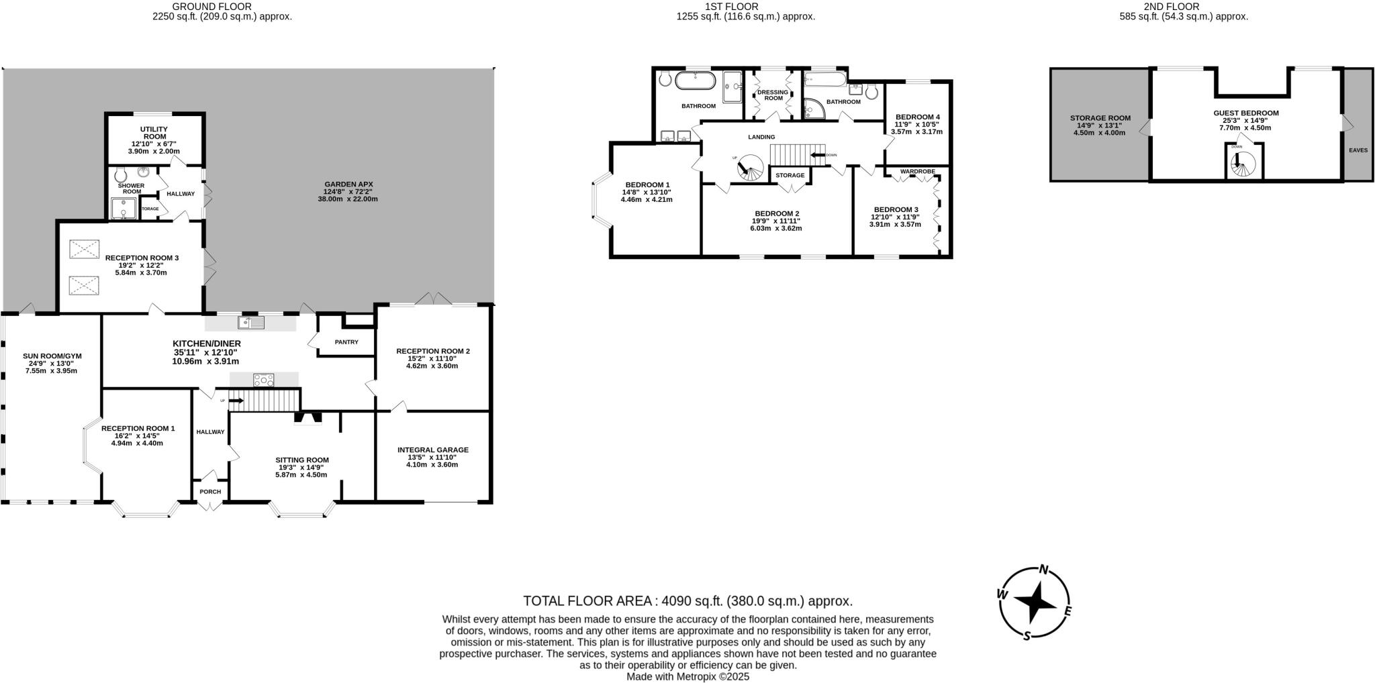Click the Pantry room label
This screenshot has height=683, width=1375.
pyautogui.click(x=346, y=342)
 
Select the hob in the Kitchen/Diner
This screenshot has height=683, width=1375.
pyautogui.click(x=263, y=380)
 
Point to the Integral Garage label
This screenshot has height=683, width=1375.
pyautogui.click(x=432, y=450)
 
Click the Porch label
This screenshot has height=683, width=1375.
pyautogui.click(x=210, y=492)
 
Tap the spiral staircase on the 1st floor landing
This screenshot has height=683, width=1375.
pyautogui.click(x=749, y=168)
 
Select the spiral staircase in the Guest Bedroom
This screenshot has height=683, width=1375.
pyautogui.click(x=1244, y=163)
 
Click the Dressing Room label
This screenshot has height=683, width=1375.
pyautogui.click(x=773, y=95)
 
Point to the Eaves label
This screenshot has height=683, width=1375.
pyautogui.click(x=1358, y=150)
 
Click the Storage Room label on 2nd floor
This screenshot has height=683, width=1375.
pyautogui.click(x=1100, y=118)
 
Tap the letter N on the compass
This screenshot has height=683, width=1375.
pyautogui.click(x=1044, y=570)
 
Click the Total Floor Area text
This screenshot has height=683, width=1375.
pyautogui.click(x=687, y=601)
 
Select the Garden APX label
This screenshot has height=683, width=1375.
pyautogui.click(x=348, y=185)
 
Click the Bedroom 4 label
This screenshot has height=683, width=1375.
pyautogui.click(x=917, y=117)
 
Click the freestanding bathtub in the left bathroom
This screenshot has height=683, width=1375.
pyautogui.click(x=696, y=81)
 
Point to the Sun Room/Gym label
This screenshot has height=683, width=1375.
pyautogui.click(x=52, y=356)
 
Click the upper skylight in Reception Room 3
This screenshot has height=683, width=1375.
pyautogui.click(x=84, y=250)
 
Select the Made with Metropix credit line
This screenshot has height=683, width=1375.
pyautogui.click(x=687, y=677)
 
